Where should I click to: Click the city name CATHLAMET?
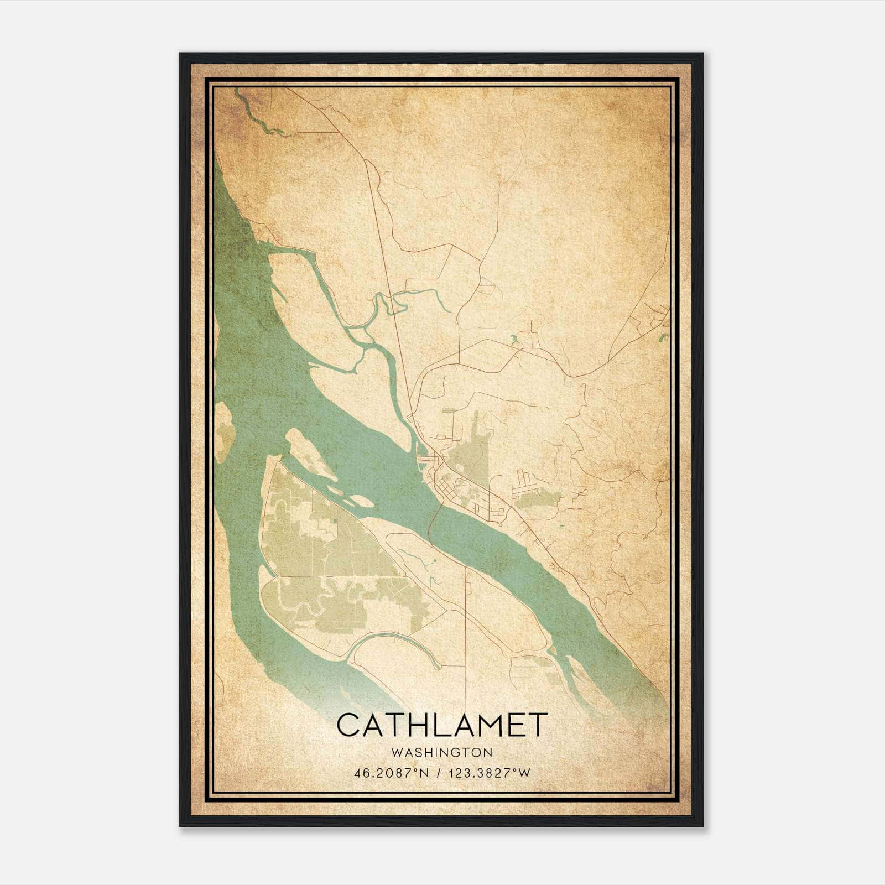442,725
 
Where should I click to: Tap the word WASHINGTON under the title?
442,752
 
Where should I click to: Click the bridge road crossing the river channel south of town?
434,517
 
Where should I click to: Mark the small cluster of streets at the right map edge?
658,318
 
